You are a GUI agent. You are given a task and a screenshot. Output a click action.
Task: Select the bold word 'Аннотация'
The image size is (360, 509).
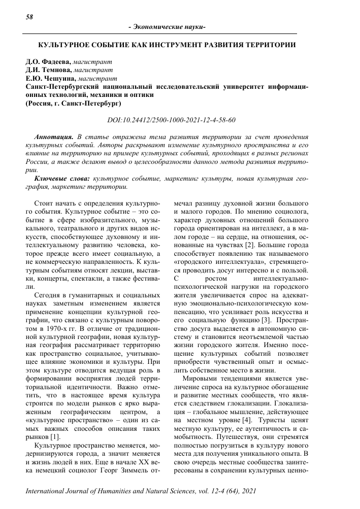[53, 137]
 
